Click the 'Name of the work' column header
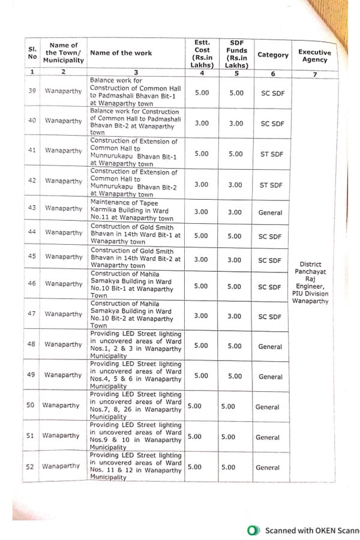pos(121,53)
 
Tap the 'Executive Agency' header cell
pos(314,56)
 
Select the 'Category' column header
pos(273,55)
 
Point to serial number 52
pos(30,466)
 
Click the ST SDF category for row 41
pos(271,154)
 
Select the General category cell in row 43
pos(270,212)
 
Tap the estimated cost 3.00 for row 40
pos(202,123)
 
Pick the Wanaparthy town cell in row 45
pos(64,257)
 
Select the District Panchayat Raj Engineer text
pos(310,282)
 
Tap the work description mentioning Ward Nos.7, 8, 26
pos(136,406)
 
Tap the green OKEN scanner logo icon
pos(254,530)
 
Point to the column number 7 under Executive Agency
pos(314,74)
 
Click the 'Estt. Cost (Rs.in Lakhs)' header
pos(202,53)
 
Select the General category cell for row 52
pos(268,467)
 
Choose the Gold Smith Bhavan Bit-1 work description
pos(134,235)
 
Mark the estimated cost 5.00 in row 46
pos(201,286)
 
